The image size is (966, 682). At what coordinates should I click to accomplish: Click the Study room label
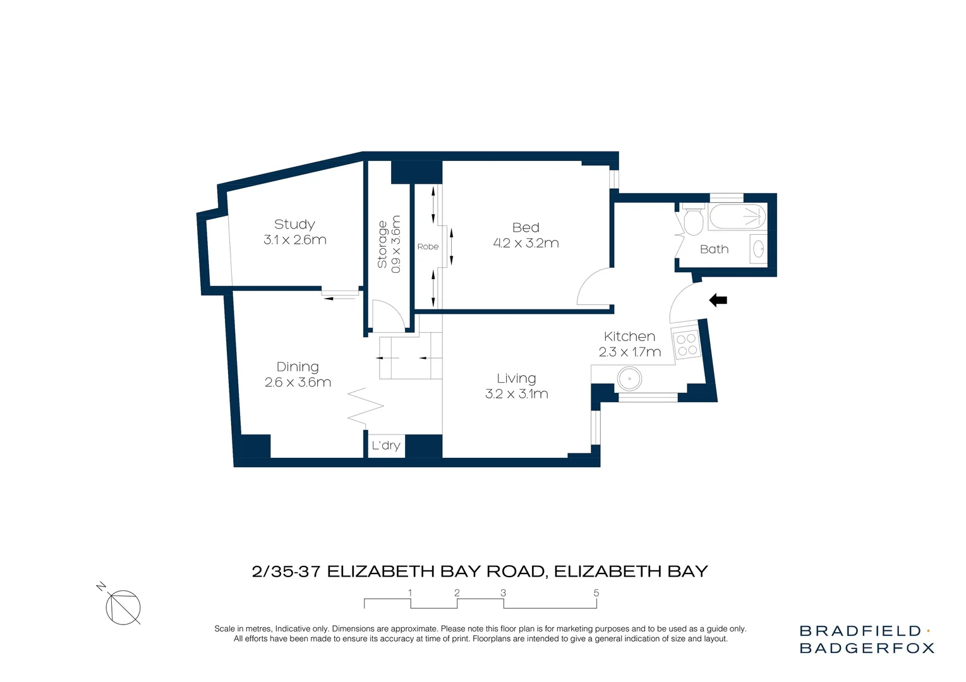(294, 224)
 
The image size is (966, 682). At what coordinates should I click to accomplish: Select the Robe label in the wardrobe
(428, 247)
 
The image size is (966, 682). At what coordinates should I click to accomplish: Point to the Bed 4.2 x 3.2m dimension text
(526, 243)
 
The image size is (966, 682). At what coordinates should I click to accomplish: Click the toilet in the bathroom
(693, 220)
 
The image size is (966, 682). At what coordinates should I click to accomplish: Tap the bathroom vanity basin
(759, 248)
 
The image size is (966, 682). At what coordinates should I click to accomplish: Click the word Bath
(714, 249)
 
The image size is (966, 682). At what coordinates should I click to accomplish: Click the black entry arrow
(718, 301)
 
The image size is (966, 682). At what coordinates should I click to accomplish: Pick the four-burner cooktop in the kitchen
(687, 345)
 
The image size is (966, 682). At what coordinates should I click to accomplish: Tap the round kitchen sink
(629, 380)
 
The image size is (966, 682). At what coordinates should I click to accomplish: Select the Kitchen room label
(629, 337)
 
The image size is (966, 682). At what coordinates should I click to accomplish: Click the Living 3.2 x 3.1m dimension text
(516, 394)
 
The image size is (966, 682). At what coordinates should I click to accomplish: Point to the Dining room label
(298, 367)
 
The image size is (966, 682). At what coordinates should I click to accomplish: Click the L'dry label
(386, 446)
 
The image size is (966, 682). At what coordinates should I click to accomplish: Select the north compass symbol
(123, 607)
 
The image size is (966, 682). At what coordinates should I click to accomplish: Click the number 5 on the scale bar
(596, 593)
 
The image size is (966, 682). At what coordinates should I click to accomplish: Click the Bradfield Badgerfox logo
(866, 639)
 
